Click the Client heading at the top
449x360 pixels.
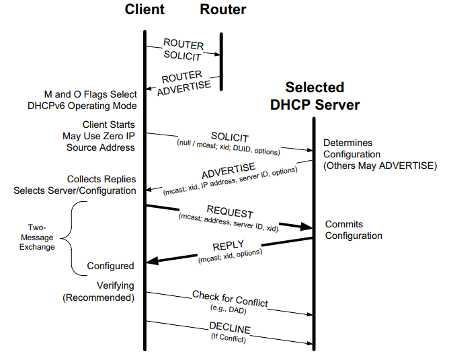(145, 10)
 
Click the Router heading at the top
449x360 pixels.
(222, 10)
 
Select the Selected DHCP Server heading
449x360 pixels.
(315, 96)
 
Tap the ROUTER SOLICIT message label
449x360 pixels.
(183, 49)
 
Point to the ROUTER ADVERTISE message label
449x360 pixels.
(183, 79)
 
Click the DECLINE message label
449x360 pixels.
(229, 329)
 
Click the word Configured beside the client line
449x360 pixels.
(110, 266)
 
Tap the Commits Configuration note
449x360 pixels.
(354, 229)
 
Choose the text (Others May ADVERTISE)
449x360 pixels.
(380, 166)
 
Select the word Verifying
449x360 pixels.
(116, 285)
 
